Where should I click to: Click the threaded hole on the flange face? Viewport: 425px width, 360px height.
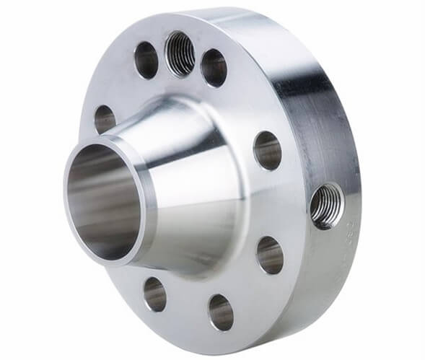(180, 54)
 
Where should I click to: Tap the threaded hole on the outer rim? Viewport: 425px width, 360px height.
(325, 206)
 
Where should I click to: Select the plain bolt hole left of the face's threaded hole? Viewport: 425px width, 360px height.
(146, 60)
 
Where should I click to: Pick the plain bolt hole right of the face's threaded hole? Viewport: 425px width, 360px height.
(214, 68)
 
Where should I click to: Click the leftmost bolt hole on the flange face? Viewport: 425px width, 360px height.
(105, 119)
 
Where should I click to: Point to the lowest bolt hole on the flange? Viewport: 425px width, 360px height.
(221, 312)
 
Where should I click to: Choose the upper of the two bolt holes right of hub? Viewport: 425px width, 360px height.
(267, 150)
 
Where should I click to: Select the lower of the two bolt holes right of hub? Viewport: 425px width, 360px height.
(269, 255)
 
